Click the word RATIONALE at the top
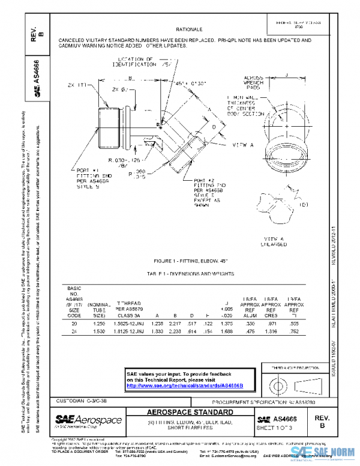click(x=190, y=29)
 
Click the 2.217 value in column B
click(x=174, y=324)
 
